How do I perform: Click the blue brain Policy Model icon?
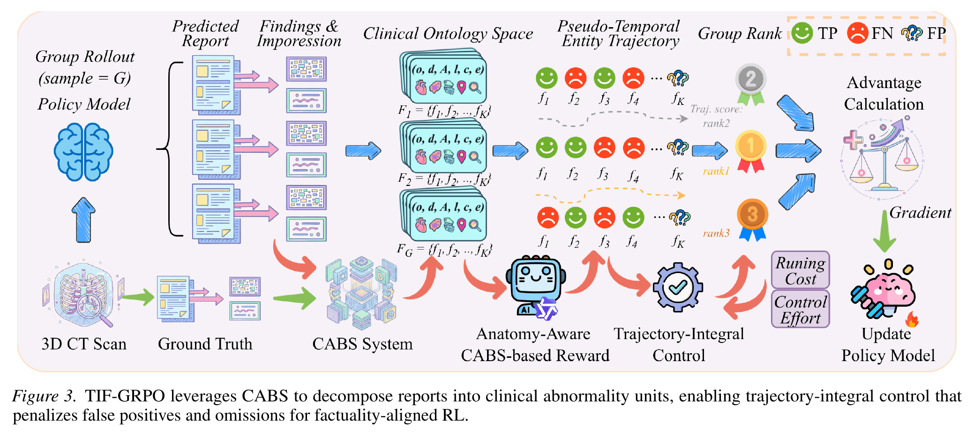(83, 152)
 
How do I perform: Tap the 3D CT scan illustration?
(83, 294)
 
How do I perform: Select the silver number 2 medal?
(751, 84)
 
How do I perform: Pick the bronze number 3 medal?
(752, 220)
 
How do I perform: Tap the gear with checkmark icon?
(678, 287)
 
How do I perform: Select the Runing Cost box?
(801, 270)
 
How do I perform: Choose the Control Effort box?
(801, 309)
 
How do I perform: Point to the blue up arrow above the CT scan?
(83, 220)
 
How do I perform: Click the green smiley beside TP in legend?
(802, 33)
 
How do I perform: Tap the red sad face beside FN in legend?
(857, 33)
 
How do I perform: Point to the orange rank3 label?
(716, 233)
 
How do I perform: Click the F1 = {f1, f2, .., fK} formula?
(444, 111)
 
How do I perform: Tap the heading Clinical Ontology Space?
(448, 34)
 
